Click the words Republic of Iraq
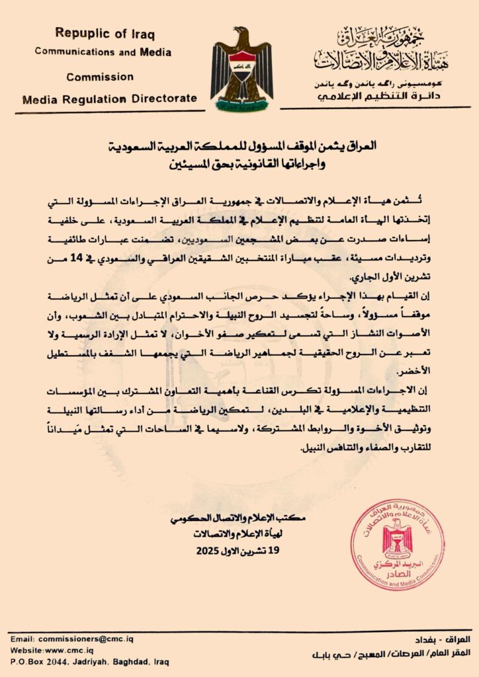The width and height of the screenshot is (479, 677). click(103, 32)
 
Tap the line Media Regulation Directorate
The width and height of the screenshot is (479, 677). click(109, 99)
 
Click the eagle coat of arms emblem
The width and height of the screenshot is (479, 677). click(241, 69)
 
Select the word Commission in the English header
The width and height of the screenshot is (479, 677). click(99, 76)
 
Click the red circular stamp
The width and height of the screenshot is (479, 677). click(397, 545)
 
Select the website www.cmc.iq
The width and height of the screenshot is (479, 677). click(52, 651)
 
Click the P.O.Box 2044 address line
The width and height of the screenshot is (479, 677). click(89, 661)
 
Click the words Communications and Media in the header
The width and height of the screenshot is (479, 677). click(103, 52)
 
